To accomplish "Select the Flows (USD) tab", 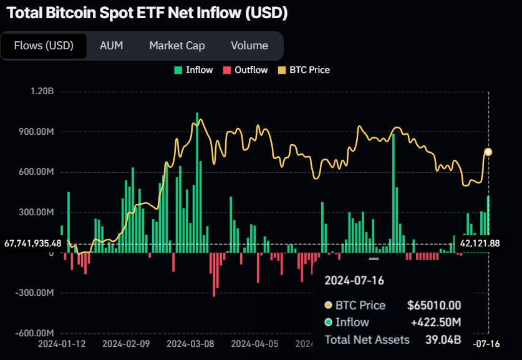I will [x=44, y=46].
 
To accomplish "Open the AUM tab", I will [x=112, y=46].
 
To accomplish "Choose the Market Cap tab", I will [x=177, y=46].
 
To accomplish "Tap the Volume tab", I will [x=249, y=46].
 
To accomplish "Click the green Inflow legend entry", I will [x=194, y=70].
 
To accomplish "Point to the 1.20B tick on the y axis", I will [x=42, y=92].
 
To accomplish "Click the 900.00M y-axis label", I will [x=37, y=132].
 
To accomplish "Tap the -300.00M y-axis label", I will [x=36, y=293].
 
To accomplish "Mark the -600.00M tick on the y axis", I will [x=36, y=333].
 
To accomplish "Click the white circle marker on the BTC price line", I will [x=488, y=152].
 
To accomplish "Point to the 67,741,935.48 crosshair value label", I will [x=32, y=243].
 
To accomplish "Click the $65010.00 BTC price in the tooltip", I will [x=433, y=305].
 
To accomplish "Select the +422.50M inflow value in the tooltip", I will [x=435, y=322].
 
